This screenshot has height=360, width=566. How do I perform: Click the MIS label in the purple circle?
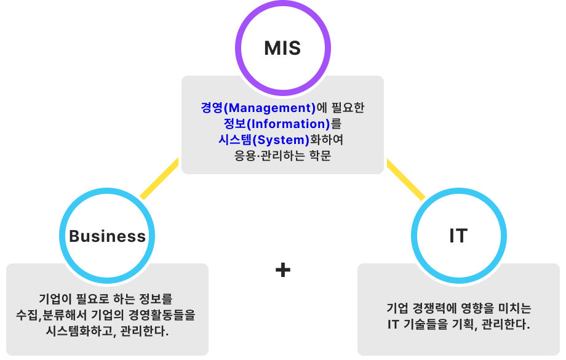(282, 48)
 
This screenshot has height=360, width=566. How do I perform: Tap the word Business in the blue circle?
(108, 236)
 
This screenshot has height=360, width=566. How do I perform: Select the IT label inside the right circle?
(458, 236)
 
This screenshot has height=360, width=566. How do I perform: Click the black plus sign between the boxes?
(282, 270)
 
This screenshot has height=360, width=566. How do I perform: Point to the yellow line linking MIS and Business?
(159, 178)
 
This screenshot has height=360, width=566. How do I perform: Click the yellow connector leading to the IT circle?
(406, 179)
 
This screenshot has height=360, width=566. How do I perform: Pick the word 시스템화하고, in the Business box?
(78, 331)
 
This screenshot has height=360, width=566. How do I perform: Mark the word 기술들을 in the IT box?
(428, 324)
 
